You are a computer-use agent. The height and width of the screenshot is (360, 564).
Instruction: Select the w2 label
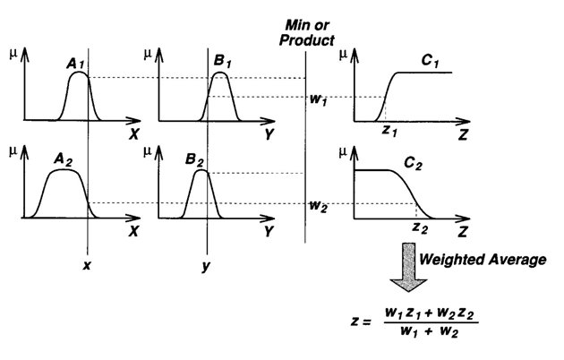317,204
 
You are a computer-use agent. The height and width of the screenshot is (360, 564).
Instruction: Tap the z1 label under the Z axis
388,130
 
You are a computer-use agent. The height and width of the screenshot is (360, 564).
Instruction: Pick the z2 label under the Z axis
420,228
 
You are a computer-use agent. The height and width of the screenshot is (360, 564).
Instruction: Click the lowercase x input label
87,266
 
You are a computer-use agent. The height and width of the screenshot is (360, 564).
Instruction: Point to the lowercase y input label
207,267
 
